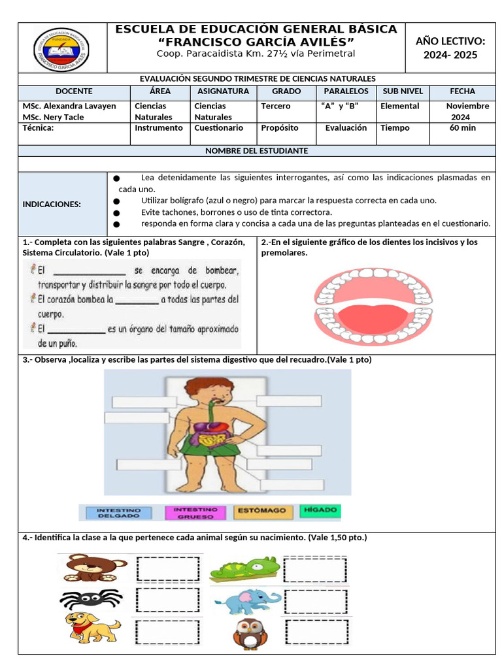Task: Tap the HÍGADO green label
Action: (x=320, y=510)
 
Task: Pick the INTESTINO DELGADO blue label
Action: (x=114, y=512)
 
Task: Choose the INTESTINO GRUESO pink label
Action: (x=192, y=512)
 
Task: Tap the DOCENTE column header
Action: (x=74, y=91)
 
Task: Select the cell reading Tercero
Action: (x=276, y=106)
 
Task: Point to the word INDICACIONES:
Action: (x=52, y=204)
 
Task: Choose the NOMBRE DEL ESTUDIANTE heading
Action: (x=256, y=150)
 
